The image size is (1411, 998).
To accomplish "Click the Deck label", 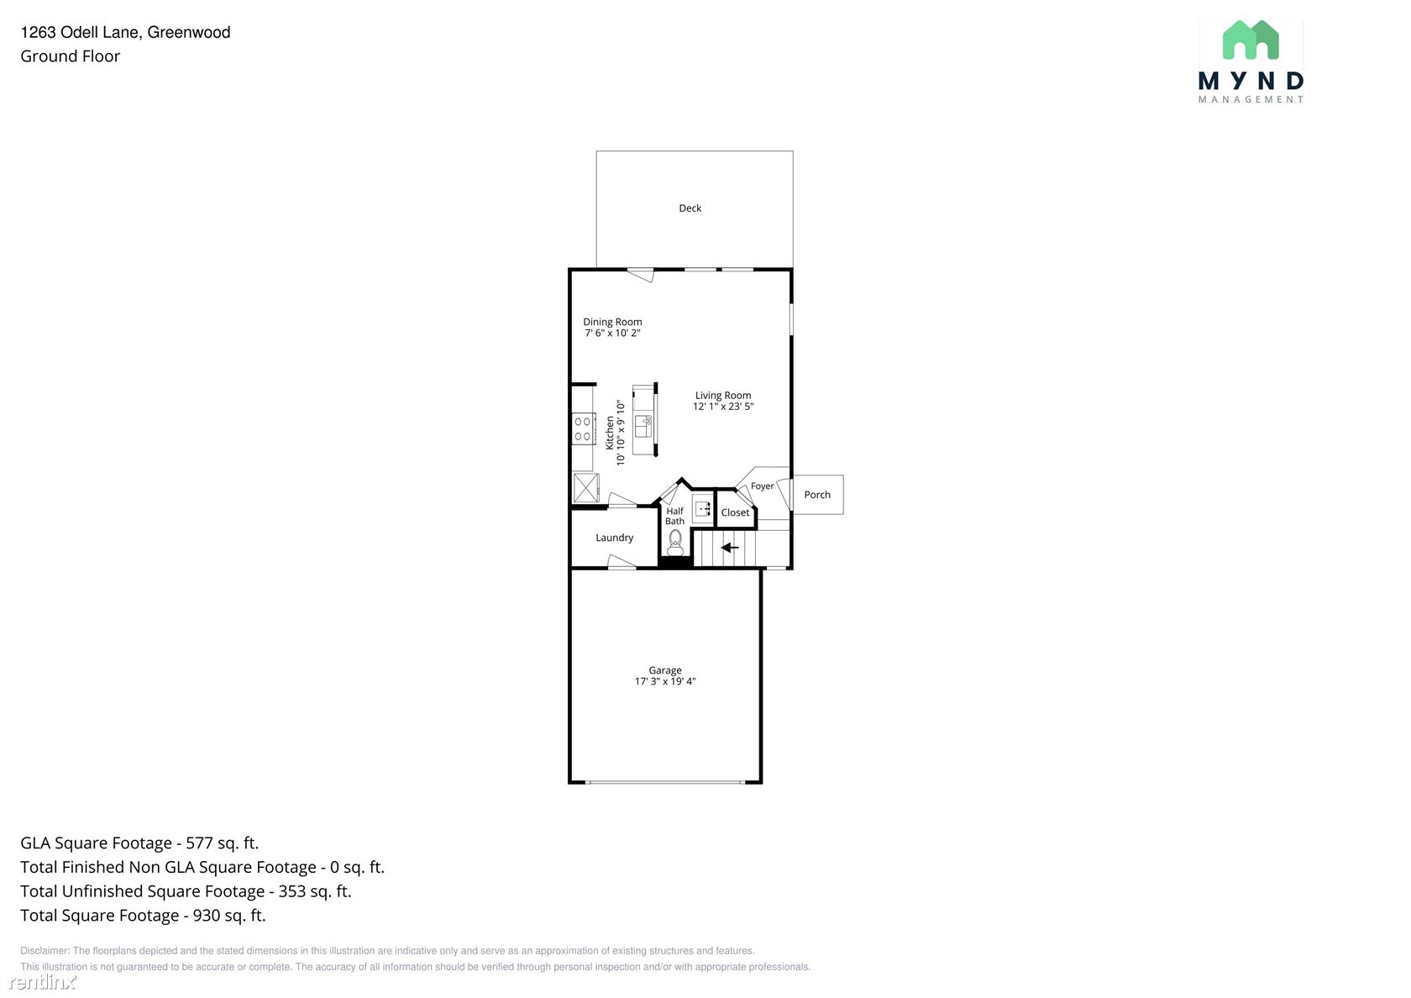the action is pyautogui.click(x=690, y=208).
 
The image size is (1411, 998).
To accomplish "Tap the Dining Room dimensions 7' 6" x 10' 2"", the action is pyautogui.click(x=612, y=333).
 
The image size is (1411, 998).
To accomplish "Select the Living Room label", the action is pyautogui.click(x=723, y=395).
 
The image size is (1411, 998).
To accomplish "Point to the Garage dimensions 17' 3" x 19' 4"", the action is pyautogui.click(x=665, y=680).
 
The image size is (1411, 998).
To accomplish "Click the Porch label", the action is pyautogui.click(x=817, y=495).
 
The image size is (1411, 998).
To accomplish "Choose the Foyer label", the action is pyautogui.click(x=763, y=486).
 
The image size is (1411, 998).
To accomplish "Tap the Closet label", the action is pyautogui.click(x=735, y=512).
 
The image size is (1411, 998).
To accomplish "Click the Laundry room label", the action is pyautogui.click(x=614, y=538).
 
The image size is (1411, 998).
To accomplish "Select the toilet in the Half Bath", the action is pyautogui.click(x=675, y=543).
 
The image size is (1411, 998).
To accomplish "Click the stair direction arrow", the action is pyautogui.click(x=729, y=548).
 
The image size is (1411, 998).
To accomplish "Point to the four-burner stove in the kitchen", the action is pyautogui.click(x=583, y=428).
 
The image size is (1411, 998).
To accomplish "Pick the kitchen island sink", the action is pyautogui.click(x=643, y=426).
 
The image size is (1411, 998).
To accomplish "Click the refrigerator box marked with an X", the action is pyautogui.click(x=586, y=488).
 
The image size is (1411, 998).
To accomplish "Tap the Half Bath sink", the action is pyautogui.click(x=702, y=508).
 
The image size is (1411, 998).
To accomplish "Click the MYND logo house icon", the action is pyautogui.click(x=1251, y=39).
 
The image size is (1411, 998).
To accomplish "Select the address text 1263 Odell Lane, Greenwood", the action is pyautogui.click(x=125, y=32).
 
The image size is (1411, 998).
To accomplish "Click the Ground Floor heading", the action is pyautogui.click(x=70, y=56).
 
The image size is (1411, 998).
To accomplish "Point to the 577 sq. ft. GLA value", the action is pyautogui.click(x=223, y=843).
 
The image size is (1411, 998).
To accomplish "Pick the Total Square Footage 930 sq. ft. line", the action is pyautogui.click(x=143, y=916).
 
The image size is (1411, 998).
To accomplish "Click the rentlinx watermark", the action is pyautogui.click(x=43, y=981).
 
